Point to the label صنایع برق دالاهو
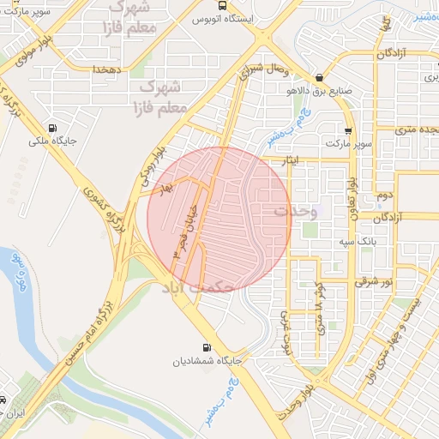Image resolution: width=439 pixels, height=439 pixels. pos(319,89)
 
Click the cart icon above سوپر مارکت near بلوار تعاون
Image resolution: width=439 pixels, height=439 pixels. pos(347,130)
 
